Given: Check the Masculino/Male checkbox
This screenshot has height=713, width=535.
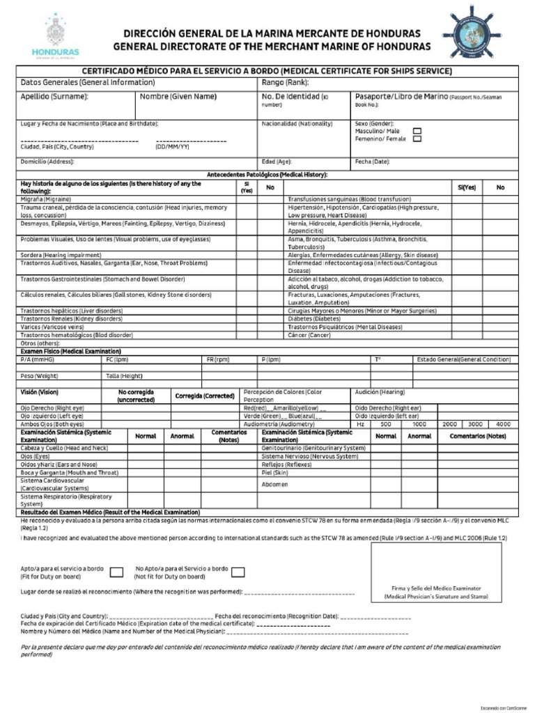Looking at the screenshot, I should click(417, 130).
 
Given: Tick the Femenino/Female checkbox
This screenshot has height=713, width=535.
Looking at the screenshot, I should click(417, 139).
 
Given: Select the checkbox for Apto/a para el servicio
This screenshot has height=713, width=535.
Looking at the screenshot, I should click(118, 572).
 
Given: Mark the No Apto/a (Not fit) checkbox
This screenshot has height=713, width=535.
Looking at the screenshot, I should click(238, 572).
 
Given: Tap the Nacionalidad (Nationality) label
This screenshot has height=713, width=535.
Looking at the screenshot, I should click(297, 124).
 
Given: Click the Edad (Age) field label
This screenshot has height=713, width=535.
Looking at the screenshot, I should click(276, 161).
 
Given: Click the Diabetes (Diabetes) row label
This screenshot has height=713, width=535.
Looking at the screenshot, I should click(314, 318).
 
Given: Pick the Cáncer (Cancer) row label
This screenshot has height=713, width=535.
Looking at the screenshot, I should click(309, 335).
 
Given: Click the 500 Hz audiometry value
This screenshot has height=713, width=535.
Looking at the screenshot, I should click(385, 423).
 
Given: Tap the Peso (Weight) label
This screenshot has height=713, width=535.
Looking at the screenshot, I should click(39, 375).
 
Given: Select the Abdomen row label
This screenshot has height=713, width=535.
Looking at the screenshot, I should click(274, 485).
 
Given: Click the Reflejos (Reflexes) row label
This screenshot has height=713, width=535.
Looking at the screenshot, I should click(286, 464).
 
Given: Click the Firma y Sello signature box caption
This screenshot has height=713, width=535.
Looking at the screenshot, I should click(436, 593).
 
